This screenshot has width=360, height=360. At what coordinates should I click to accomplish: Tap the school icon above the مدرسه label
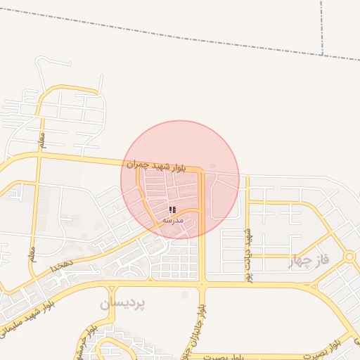172,210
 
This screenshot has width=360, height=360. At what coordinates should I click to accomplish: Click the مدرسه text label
172,220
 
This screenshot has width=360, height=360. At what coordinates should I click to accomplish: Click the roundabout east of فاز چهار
349,257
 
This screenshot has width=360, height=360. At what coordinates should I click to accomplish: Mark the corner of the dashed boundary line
322,56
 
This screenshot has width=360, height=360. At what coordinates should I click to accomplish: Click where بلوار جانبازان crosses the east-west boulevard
202,285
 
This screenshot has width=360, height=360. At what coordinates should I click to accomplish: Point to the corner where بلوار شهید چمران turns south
201,170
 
